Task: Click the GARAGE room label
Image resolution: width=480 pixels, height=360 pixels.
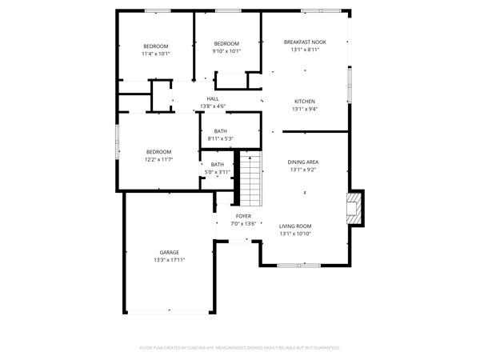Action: click(169, 252)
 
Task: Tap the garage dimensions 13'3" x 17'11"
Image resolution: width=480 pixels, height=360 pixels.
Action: click(169, 260)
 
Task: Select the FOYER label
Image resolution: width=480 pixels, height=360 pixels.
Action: click(243, 216)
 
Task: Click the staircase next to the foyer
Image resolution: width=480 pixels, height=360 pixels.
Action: click(251, 181)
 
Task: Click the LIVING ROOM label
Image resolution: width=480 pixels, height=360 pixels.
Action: click(295, 226)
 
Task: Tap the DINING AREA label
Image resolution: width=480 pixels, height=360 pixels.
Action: click(303, 162)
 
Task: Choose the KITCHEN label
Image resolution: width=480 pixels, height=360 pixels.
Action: click(304, 101)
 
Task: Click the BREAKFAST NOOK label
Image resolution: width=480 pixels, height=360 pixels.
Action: click(304, 41)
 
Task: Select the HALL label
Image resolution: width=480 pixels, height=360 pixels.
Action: click(212, 98)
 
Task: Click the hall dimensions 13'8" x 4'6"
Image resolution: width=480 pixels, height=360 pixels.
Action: click(212, 106)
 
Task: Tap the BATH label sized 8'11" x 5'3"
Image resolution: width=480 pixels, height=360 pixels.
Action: click(220, 130)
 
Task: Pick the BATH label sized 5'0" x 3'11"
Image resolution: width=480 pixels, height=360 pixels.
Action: click(218, 164)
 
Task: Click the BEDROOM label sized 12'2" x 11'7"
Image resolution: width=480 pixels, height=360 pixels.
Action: click(158, 151)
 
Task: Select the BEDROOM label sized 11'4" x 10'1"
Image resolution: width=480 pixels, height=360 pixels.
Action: click(156, 46)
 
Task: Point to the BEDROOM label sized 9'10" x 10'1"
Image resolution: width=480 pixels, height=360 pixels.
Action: click(226, 43)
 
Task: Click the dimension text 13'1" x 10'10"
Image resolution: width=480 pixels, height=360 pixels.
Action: click(295, 234)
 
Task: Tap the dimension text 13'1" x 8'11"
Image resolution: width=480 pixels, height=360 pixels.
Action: click(304, 49)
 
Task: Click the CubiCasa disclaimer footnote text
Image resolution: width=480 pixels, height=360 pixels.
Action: click(240, 348)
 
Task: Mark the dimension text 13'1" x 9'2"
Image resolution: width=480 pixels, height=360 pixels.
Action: click(303, 169)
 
